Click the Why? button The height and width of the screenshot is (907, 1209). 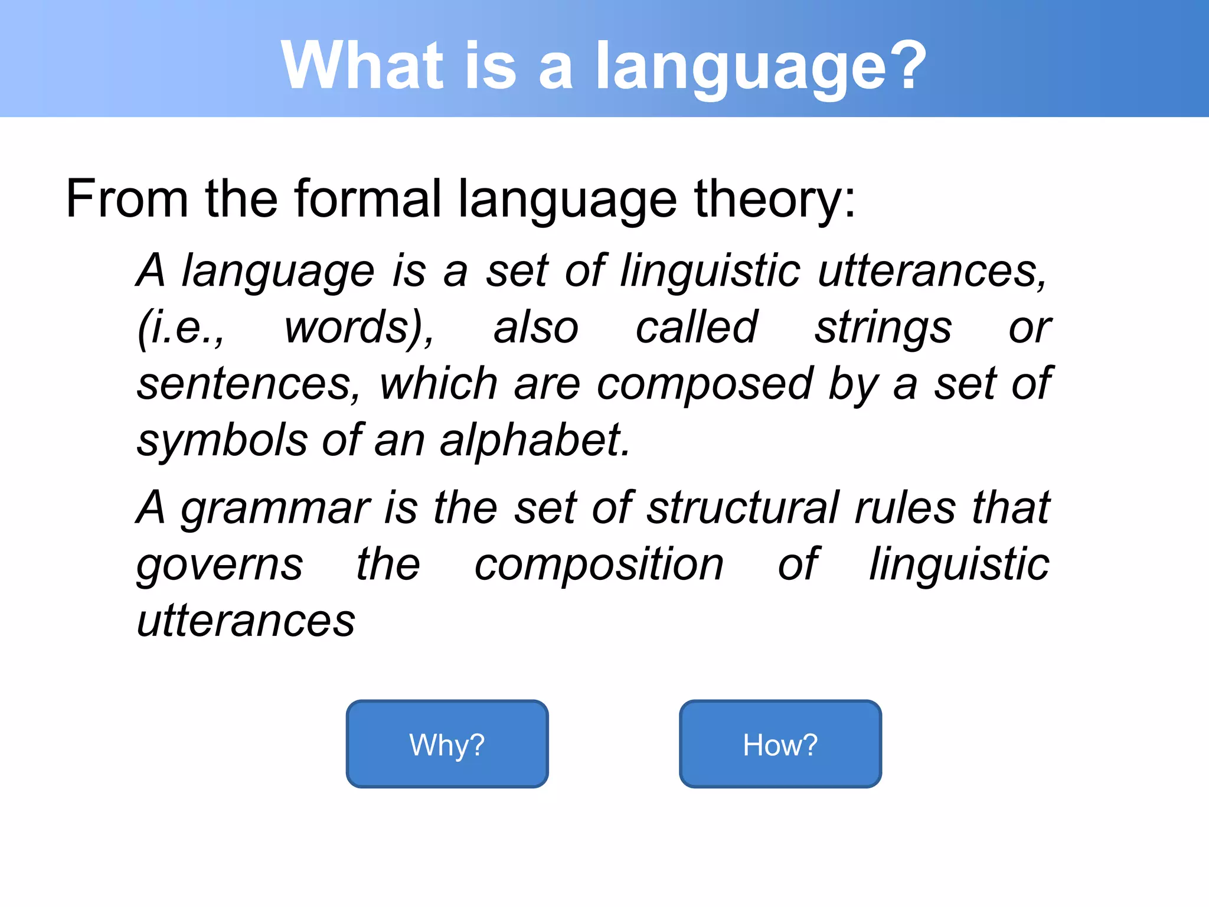click(447, 744)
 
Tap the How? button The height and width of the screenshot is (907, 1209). click(780, 744)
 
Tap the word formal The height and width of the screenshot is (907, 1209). click(367, 199)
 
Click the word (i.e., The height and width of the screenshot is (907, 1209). click(181, 328)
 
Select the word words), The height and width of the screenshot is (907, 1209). click(359, 328)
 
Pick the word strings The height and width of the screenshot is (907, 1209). click(883, 328)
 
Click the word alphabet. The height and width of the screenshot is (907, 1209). click(535, 441)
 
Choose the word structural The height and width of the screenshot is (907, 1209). click(743, 508)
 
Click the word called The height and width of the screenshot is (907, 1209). click(696, 328)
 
